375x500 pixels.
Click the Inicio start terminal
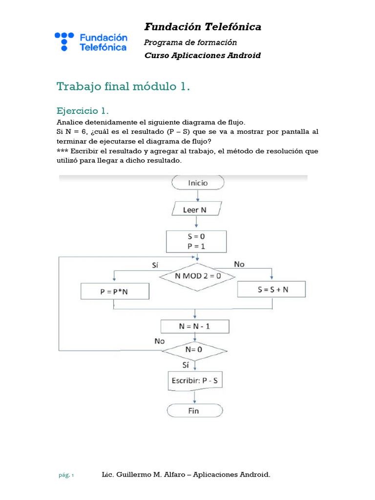point(198,183)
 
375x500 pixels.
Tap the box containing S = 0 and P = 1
point(197,242)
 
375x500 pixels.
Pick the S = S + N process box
point(272,290)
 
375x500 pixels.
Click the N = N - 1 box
point(195,326)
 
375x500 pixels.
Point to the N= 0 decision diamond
point(194,350)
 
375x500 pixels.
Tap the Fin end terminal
point(194,411)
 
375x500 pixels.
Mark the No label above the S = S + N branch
point(239,264)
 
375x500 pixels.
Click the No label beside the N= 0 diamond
point(160,341)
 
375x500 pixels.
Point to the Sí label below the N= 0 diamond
point(186,364)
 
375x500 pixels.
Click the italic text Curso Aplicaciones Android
point(203,55)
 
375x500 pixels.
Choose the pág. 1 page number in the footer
point(66,475)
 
